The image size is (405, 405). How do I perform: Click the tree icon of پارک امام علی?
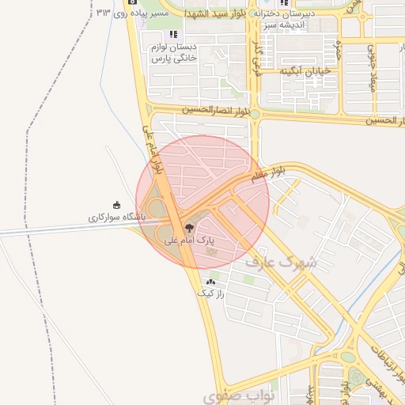tap(187, 228)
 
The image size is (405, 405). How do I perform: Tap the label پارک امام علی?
tap(189, 240)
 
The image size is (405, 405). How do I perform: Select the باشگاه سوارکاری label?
tap(117, 216)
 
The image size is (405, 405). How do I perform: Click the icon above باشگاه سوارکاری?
tap(117, 205)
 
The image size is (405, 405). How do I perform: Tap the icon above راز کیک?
tap(211, 281)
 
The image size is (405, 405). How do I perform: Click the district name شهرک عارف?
tap(280, 261)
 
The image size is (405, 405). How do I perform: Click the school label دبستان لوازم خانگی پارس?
tap(173, 53)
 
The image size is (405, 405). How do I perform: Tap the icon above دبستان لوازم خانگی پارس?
tap(173, 35)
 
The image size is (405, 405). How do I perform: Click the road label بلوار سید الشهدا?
tap(217, 14)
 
